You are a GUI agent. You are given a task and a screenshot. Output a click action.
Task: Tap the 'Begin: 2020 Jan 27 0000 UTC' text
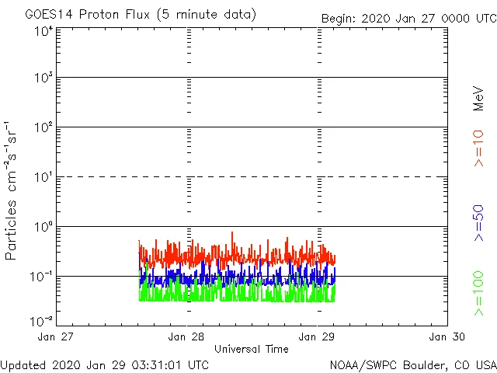point(408,18)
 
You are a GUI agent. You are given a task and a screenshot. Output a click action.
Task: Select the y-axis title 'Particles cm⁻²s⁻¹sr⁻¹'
point(11,190)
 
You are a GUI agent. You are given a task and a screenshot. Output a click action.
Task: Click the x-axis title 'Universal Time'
point(251,349)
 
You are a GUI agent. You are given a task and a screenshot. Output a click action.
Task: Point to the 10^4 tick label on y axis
point(43,32)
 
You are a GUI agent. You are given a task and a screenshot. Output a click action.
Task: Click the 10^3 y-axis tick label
point(43,78)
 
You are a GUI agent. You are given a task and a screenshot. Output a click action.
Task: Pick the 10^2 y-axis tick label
point(43,128)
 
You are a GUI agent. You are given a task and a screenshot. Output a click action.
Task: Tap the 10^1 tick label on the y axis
point(43,178)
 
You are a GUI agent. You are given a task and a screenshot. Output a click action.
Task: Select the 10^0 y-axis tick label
point(43,228)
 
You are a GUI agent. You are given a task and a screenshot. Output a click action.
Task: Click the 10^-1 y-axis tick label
point(41,277)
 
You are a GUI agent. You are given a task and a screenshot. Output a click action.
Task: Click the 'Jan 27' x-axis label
point(57,336)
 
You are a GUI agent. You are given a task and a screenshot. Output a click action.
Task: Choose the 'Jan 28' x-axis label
point(187,336)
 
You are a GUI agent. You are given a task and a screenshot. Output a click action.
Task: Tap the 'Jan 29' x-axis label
point(318,336)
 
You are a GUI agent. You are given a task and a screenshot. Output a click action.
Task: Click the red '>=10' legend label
point(479,148)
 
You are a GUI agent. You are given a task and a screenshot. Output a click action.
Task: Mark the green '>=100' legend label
point(479,293)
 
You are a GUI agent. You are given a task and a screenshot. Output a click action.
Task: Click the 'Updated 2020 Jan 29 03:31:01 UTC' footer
point(105,364)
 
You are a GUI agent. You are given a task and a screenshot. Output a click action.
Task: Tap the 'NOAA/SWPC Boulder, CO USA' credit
point(412,364)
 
